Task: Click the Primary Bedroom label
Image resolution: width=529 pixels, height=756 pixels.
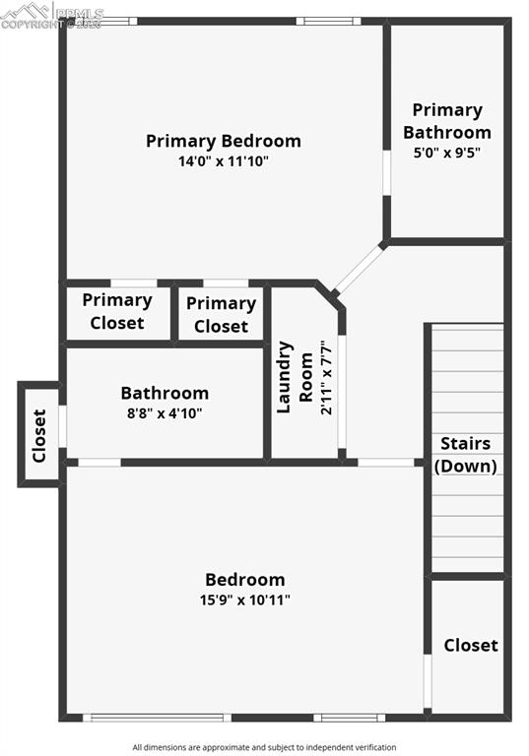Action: pos(223,141)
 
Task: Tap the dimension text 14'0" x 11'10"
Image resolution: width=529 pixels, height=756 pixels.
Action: pos(223,160)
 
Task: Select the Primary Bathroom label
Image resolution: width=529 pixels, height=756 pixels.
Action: pos(446,121)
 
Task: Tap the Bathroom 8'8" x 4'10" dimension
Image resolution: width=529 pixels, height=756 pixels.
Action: pos(165,413)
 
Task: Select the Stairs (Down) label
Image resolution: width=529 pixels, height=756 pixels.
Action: pos(466,455)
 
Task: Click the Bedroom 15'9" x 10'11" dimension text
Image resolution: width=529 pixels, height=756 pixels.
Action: pos(245,598)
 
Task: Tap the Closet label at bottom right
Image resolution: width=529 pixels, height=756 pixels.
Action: pos(470,645)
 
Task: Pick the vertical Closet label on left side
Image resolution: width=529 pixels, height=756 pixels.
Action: pos(39,434)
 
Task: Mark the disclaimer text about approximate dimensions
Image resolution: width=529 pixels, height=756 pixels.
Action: pos(264,747)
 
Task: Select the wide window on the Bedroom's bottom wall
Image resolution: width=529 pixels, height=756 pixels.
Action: pos(157,718)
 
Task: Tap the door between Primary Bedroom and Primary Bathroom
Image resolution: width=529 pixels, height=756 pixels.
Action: pos(386,182)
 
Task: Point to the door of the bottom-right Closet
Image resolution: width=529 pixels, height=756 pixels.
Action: pos(428,681)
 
